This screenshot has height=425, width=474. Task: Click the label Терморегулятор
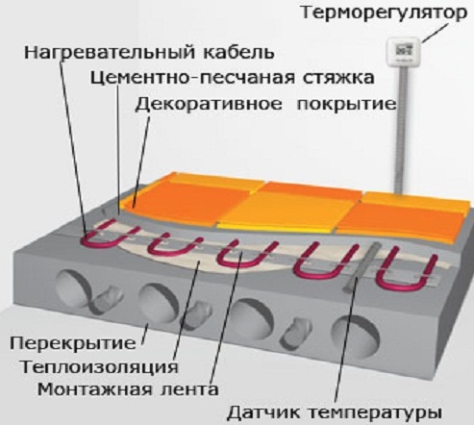click(x=385, y=13)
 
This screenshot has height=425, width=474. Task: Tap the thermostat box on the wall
click(x=403, y=52)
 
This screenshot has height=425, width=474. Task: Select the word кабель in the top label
click(x=238, y=52)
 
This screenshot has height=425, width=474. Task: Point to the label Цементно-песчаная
click(x=192, y=78)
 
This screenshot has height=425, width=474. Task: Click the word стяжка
click(x=338, y=78)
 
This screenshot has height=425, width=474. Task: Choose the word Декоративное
click(x=209, y=104)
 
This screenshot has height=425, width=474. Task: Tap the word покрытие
click(x=347, y=105)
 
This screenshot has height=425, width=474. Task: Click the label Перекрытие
click(x=73, y=343)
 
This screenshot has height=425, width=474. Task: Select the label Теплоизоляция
click(x=99, y=367)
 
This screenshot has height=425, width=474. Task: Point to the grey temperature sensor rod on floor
click(x=362, y=266)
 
